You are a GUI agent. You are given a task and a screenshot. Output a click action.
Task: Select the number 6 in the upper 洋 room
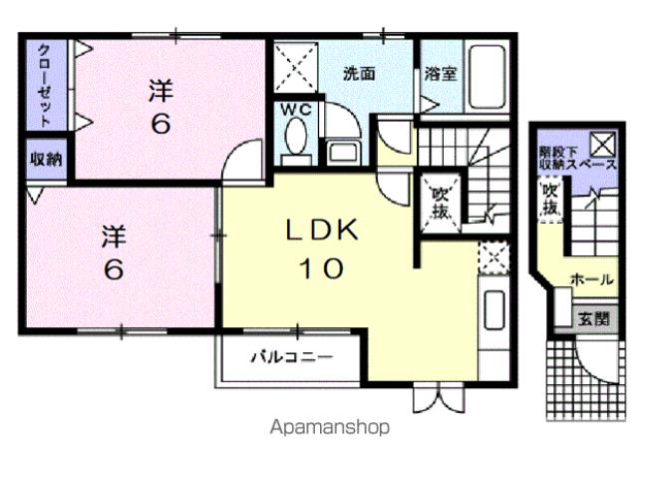pos(160,126)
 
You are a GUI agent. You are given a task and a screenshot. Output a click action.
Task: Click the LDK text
pos(321,230)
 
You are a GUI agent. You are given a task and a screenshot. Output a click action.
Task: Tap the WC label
pos(296,110)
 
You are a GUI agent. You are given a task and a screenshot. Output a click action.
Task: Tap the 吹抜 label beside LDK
pos(439,203)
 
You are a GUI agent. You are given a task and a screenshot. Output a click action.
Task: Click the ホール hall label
pos(591,280)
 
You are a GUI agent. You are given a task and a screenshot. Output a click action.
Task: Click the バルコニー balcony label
pos(289,356)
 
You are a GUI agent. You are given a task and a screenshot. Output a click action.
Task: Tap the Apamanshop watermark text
pos(329,427)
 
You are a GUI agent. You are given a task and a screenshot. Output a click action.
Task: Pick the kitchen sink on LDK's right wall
pos(493,310)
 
